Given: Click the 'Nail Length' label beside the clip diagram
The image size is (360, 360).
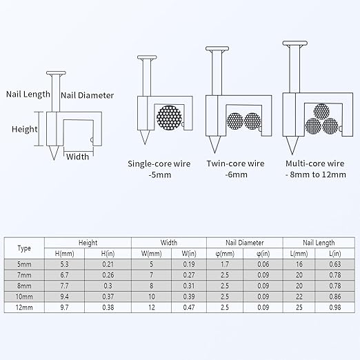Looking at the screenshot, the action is click(28, 94).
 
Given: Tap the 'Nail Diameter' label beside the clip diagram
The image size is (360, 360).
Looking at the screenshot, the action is click(88, 95).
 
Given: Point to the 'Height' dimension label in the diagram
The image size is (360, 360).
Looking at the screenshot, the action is click(25, 129).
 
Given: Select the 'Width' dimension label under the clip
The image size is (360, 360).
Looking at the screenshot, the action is click(77, 157).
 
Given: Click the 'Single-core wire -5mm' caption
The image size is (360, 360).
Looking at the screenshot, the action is click(159, 169).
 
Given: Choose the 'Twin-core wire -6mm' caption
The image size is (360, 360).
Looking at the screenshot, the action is click(236, 169).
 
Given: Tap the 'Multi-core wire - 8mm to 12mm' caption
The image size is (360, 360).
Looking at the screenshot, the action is click(315, 169).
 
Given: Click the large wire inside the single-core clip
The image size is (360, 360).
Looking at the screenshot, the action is click(170, 117).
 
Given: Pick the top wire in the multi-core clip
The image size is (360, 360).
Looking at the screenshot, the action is click(321, 112).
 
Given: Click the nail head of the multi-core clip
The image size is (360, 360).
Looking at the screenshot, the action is click(295, 43).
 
